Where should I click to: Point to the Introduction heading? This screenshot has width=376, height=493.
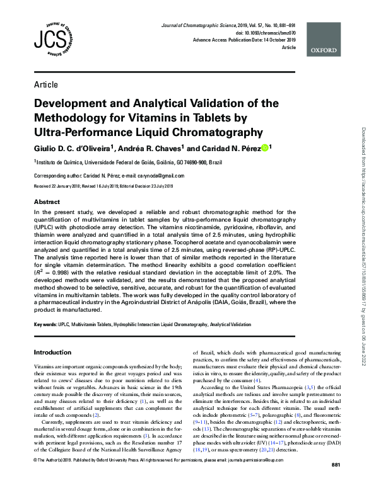coord(52,352)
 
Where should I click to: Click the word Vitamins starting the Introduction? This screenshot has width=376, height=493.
coord(44,366)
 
